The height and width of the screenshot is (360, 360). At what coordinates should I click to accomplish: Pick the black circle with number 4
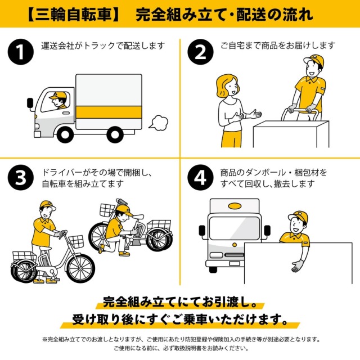[200, 177]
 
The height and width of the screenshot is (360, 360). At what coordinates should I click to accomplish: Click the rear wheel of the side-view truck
[116, 134]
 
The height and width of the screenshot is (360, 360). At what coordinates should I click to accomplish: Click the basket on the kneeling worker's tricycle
[107, 210]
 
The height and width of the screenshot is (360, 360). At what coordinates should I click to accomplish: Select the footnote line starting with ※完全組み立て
[180, 339]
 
